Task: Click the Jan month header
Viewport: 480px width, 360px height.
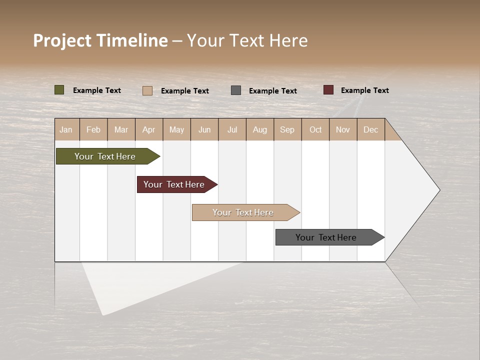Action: point(66,129)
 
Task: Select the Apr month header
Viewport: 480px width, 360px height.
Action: point(149,129)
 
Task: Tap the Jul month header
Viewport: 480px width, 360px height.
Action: point(232,129)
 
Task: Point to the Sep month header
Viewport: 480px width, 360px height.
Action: point(287,129)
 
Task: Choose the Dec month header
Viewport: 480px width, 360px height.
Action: point(370,129)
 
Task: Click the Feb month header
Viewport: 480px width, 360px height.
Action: point(93,129)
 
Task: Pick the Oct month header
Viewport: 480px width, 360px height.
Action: point(315,129)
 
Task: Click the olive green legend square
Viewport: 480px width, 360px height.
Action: point(59,90)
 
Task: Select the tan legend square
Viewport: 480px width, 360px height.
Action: point(147,90)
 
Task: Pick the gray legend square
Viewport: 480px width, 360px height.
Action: point(236,90)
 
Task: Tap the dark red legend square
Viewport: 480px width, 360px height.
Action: point(328,90)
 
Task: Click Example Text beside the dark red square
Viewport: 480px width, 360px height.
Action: point(364,90)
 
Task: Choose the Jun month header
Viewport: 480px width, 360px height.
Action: point(204,129)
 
